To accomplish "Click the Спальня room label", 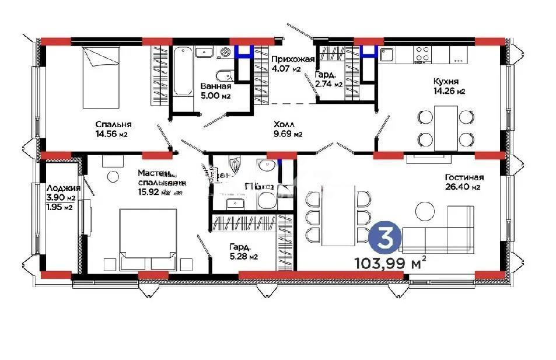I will point(113,124).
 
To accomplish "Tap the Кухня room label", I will point(445,81).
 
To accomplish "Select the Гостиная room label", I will point(464,177).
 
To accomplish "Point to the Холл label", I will point(285,124).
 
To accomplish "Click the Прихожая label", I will point(293,59).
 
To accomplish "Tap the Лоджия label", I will point(60,188).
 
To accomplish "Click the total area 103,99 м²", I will point(389,263).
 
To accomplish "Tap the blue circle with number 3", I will point(385,237).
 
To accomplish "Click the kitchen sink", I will point(386,55).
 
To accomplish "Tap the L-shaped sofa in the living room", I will point(443,230).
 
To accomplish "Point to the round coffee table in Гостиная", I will point(424,209).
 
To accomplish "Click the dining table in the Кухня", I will point(445,127).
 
